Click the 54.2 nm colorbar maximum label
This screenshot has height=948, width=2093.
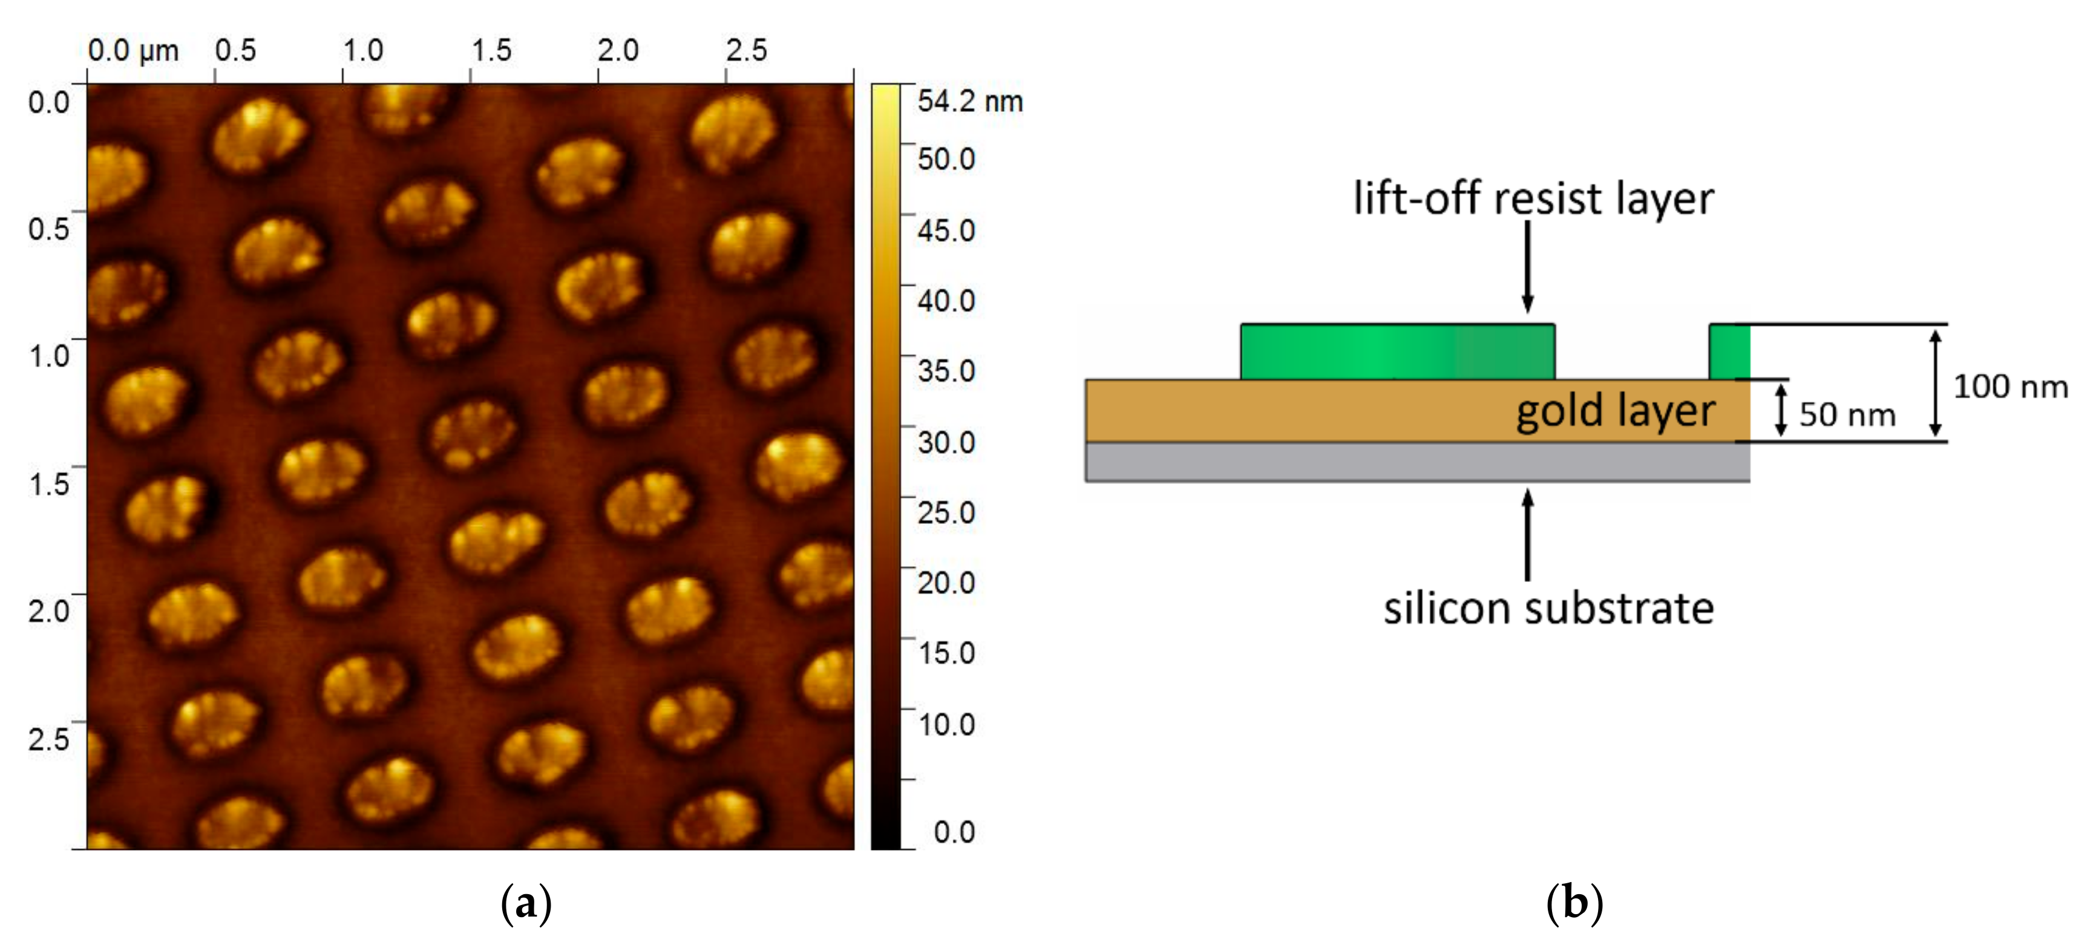pyautogui.click(x=969, y=102)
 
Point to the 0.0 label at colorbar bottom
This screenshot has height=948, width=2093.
pyautogui.click(x=953, y=832)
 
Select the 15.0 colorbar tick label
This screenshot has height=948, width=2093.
pyautogui.click(x=946, y=652)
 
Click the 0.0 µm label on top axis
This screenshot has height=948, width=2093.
pyautogui.click(x=133, y=50)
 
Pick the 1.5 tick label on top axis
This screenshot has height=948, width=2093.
pyautogui.click(x=491, y=50)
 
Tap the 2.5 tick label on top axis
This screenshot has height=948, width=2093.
pyautogui.click(x=746, y=50)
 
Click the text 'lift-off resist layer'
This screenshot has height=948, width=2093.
pyautogui.click(x=1532, y=198)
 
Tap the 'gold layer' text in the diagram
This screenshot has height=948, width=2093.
pyautogui.click(x=1615, y=411)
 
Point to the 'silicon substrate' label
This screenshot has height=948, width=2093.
pyautogui.click(x=1548, y=609)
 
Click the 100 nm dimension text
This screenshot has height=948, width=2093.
pyautogui.click(x=2009, y=387)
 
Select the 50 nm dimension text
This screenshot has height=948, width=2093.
pyautogui.click(x=1846, y=414)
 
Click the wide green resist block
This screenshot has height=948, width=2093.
pyautogui.click(x=1398, y=351)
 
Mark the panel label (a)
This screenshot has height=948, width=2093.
pyautogui.click(x=526, y=903)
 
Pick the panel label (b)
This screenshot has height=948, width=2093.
pyautogui.click(x=1574, y=903)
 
